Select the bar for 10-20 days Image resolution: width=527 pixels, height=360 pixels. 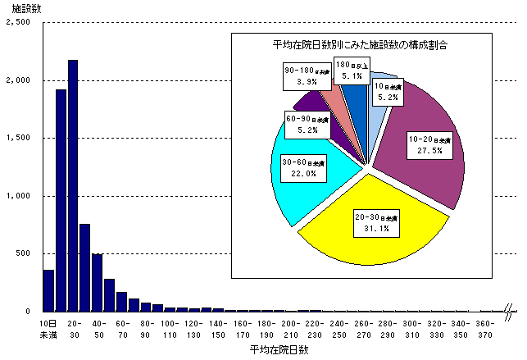tap(61, 200)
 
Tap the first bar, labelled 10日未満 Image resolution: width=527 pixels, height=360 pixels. tap(48, 290)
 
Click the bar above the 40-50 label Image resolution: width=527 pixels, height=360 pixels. tap(98, 283)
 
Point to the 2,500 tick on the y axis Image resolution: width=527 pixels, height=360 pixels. tap(17, 23)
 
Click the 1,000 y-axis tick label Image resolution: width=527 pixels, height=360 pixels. tap(17, 196)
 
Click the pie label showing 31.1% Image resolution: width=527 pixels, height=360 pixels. tap(376, 222)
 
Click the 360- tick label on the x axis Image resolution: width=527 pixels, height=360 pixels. tap(485, 325)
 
